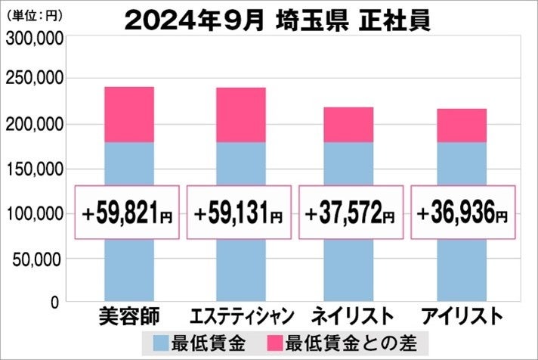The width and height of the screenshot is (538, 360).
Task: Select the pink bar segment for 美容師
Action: [128, 114]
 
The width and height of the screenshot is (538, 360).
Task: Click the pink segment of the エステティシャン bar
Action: [240, 114]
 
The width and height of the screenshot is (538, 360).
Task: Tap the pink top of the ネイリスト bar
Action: [348, 125]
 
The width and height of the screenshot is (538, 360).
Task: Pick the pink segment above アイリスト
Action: [461, 126]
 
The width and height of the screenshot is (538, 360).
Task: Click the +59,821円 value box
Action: [128, 213]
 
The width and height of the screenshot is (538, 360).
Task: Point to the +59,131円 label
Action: [240, 213]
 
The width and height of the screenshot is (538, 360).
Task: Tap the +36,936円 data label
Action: [462, 213]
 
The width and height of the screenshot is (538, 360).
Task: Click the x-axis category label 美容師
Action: [128, 315]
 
